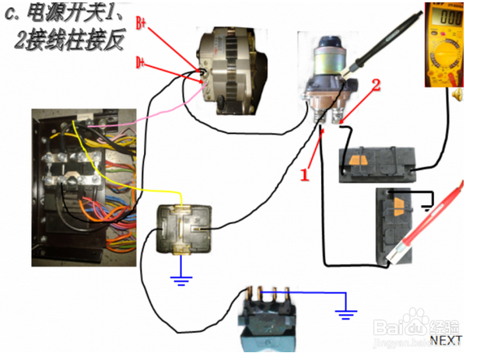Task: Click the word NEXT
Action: click(446, 341)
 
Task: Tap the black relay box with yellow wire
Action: click(184, 229)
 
